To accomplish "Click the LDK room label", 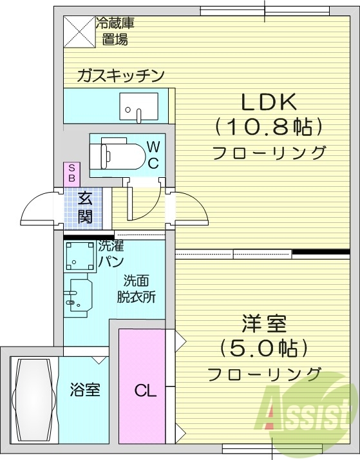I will pos(268,101).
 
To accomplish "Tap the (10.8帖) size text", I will pos(268,126).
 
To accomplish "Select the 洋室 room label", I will pos(265,322).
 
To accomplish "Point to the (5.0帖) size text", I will pos(264,348).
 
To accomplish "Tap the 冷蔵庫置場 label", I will pos(115,32).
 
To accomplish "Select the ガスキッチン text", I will pos(120,75).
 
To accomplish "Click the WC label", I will pos(153,154).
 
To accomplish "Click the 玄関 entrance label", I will pos(85,207).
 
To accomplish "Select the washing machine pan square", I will pos(80,256).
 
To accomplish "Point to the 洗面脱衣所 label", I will pos(136,289).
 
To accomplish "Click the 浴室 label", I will pos(85,390).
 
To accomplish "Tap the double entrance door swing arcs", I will pos(42,209).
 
